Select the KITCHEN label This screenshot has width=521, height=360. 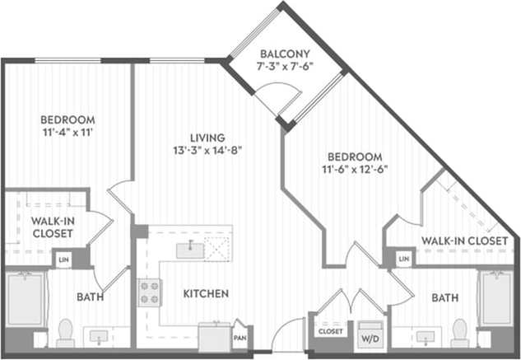pos(205,293)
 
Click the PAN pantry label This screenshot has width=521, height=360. pos(240,337)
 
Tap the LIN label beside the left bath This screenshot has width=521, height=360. pos(63,259)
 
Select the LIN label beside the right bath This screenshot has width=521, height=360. pos(403,259)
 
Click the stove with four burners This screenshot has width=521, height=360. pos(149,292)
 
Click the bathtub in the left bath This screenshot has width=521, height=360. pos(25,300)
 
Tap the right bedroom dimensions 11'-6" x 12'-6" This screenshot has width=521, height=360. pos(356,170)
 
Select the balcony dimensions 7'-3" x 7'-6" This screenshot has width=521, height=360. pos(285,68)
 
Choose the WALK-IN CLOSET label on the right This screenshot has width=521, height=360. pos(464,241)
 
